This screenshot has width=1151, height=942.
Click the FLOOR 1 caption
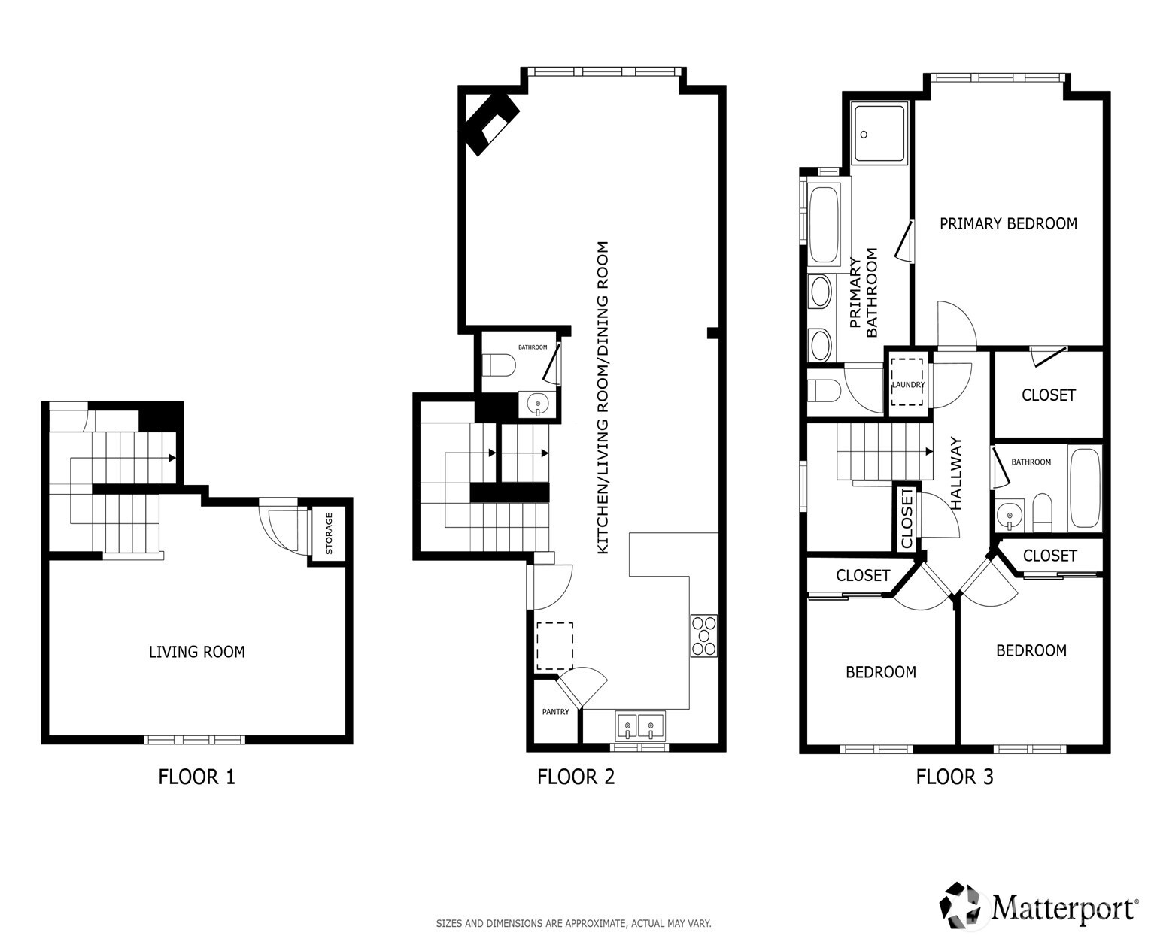[196, 777]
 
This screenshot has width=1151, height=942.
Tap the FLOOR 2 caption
[575, 777]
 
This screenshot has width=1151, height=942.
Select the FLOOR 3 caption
[954, 777]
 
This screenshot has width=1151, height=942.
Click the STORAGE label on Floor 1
[329, 534]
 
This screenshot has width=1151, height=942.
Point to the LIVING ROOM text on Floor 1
[196, 652]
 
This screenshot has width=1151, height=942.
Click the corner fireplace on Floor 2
[491, 120]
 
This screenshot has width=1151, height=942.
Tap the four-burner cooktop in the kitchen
[704, 636]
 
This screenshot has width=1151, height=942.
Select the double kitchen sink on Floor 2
[639, 727]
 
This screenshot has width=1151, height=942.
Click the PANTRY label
[556, 712]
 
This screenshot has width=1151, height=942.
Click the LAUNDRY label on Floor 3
[908, 385]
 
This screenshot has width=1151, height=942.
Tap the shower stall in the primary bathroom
[879, 134]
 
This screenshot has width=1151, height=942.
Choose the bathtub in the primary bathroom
[824, 223]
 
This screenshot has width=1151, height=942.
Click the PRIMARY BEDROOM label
[1008, 223]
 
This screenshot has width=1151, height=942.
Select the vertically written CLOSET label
[907, 519]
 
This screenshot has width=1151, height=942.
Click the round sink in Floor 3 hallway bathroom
[1007, 515]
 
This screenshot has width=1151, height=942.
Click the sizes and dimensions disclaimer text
[573, 923]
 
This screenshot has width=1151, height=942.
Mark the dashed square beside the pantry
[554, 646]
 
